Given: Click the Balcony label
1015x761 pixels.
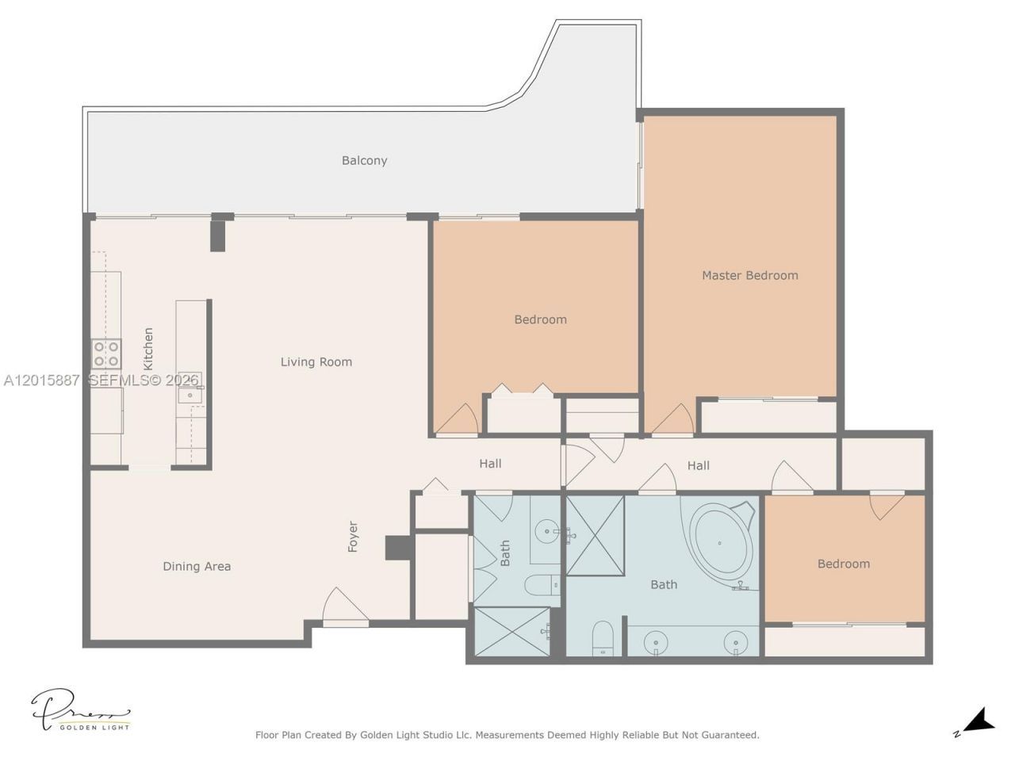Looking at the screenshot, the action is [364, 160].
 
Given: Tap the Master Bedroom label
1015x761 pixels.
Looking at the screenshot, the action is [749, 275].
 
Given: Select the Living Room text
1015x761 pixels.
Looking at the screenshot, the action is [316, 361].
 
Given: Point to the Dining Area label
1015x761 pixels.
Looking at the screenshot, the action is [197, 567].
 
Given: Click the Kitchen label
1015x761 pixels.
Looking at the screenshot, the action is [148, 349].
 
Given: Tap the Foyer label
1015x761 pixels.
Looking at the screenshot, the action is [353, 537].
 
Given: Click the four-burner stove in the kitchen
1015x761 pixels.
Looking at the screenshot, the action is [106, 354].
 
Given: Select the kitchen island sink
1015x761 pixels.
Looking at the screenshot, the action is [190, 395].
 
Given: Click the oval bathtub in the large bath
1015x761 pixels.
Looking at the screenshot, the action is [719, 544].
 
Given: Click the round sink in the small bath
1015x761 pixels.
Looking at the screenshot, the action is [547, 531].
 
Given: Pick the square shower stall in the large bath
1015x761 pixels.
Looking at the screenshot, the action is [596, 536].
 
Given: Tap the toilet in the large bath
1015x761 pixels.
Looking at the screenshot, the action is [603, 638].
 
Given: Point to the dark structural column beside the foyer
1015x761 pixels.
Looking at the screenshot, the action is [398, 548].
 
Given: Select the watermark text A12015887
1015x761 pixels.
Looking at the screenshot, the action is [41, 380].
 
